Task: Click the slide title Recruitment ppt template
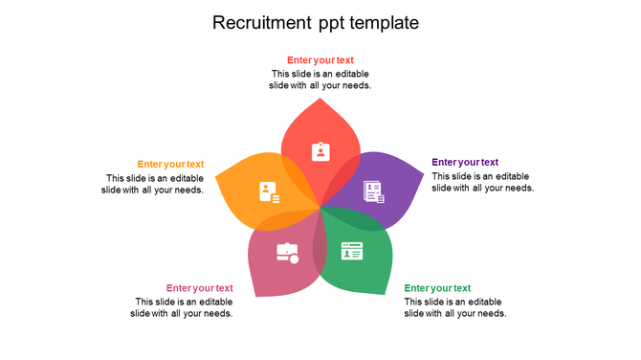tap(316, 22)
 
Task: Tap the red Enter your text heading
tap(320, 60)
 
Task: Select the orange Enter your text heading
tap(170, 165)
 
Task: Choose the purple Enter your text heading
tap(465, 163)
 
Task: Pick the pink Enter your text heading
tap(199, 288)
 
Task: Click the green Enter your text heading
tap(437, 288)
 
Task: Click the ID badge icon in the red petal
tap(320, 151)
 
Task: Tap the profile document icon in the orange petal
tap(269, 191)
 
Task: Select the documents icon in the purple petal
tap(373, 191)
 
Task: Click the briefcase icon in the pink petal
tap(287, 253)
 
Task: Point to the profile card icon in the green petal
tap(352, 252)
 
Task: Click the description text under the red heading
tap(320, 79)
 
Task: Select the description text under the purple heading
tap(482, 182)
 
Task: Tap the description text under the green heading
tap(454, 307)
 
